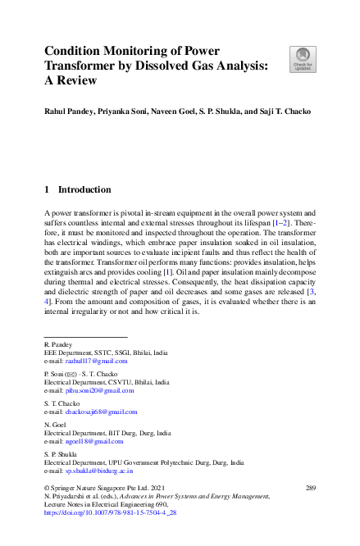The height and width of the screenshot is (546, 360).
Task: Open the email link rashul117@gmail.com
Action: point(97,361)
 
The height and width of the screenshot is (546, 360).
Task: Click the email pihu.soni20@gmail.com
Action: point(99,390)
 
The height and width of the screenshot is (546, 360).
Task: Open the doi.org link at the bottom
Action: point(109,512)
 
